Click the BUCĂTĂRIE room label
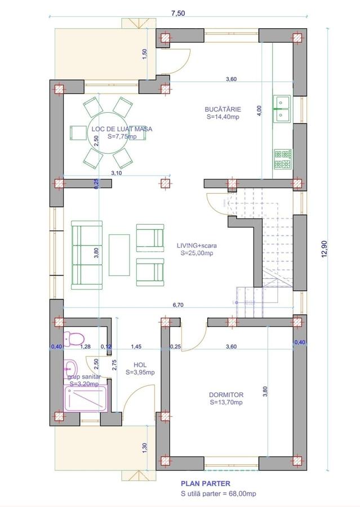(x=223, y=109)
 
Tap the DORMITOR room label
(x=226, y=395)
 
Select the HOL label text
(x=140, y=364)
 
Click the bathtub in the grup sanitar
(x=86, y=399)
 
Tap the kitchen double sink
(x=282, y=109)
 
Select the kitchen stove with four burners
(x=283, y=159)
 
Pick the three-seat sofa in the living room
(x=87, y=255)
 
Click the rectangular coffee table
(x=119, y=255)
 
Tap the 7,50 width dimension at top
(x=178, y=14)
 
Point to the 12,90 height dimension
(x=325, y=248)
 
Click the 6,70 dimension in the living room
(x=178, y=305)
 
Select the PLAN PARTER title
(x=206, y=484)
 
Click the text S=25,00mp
(x=197, y=253)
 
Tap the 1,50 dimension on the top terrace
(x=145, y=54)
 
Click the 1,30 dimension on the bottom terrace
(x=145, y=448)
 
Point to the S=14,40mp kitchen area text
(x=223, y=117)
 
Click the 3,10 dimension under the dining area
(x=117, y=173)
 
